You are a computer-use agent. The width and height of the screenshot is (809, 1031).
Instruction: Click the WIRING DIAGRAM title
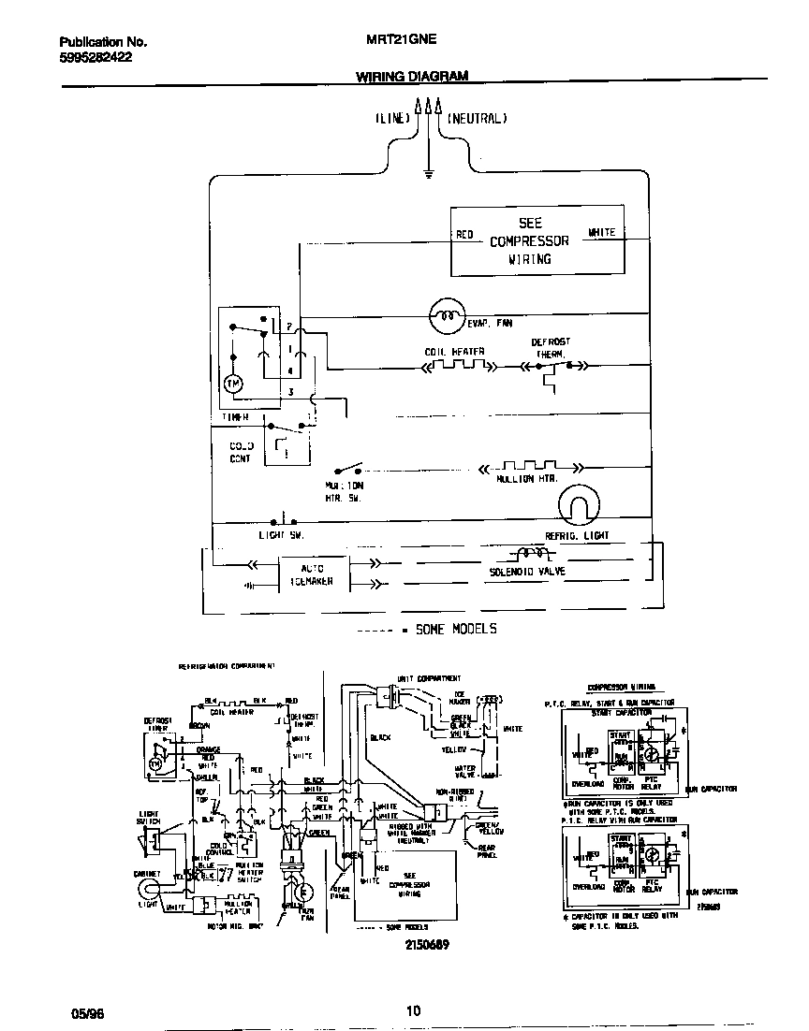pyautogui.click(x=412, y=78)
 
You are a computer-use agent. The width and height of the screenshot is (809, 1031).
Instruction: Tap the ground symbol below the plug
pyautogui.click(x=428, y=173)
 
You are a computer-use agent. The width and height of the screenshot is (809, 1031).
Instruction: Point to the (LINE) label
pyautogui.click(x=392, y=119)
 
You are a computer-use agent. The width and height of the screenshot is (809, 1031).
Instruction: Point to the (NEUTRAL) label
pyautogui.click(x=477, y=119)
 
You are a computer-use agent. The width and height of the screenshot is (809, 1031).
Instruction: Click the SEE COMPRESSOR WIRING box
pyautogui.click(x=537, y=241)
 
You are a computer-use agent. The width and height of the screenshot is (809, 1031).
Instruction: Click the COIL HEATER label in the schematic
pyautogui.click(x=454, y=352)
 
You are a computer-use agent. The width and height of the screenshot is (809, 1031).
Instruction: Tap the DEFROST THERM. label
pyautogui.click(x=551, y=348)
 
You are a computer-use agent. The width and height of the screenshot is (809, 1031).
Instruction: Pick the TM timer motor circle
pyautogui.click(x=234, y=384)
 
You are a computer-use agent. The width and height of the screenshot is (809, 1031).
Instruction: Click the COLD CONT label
pyautogui.click(x=242, y=452)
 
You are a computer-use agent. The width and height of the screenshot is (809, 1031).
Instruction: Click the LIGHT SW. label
pyautogui.click(x=282, y=535)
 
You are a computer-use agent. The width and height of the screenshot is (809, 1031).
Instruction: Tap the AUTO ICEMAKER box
pyautogui.click(x=312, y=574)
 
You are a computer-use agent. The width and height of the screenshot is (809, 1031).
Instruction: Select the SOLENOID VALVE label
pyautogui.click(x=527, y=571)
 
